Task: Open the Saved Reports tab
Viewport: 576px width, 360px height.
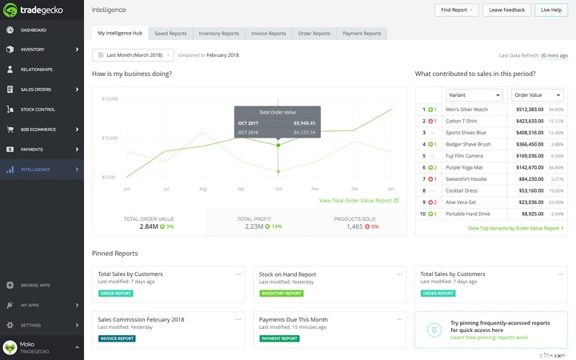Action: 170,34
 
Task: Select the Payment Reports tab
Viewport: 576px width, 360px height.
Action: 362,34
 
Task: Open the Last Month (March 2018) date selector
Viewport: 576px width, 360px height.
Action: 133,55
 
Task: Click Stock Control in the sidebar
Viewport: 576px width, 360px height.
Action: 38,110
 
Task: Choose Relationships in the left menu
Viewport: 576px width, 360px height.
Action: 36,70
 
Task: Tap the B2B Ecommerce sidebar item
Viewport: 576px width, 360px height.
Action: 39,130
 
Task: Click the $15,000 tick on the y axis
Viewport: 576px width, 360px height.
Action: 110,98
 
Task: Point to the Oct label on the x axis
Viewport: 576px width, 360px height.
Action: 278,189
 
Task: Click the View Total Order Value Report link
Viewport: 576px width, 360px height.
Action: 355,201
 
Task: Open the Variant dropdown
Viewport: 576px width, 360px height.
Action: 474,95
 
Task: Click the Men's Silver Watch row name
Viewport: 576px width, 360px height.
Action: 466,109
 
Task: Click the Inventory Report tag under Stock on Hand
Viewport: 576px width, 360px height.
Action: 282,294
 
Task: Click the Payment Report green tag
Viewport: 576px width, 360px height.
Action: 279,338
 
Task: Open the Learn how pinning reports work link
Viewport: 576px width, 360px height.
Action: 489,338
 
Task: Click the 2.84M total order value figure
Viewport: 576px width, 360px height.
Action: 149,226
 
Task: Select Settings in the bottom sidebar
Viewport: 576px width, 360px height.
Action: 30,326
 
